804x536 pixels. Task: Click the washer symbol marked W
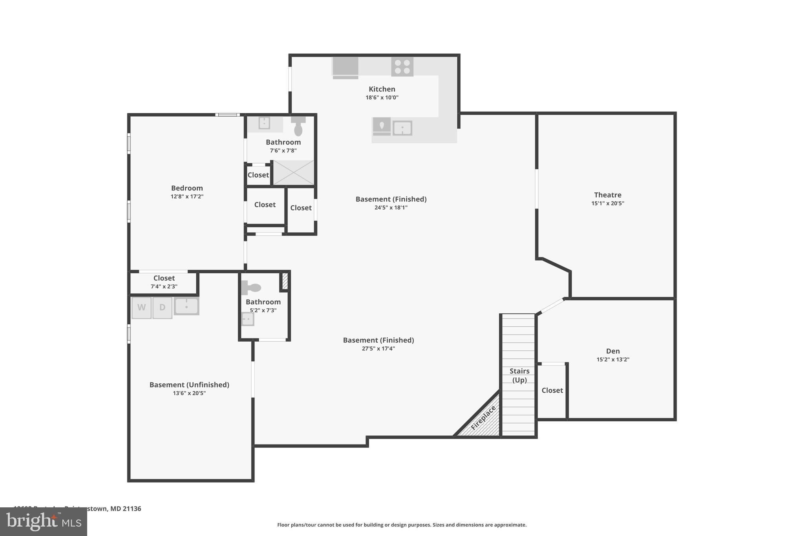(x=141, y=307)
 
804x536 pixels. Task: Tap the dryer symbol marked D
(x=162, y=307)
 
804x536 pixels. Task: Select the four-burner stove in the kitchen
(x=402, y=67)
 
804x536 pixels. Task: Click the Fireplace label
(x=483, y=417)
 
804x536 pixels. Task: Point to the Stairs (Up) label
(x=519, y=375)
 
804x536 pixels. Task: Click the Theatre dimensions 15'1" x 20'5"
(x=607, y=203)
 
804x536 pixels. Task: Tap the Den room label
(x=613, y=351)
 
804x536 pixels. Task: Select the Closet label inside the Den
(x=552, y=390)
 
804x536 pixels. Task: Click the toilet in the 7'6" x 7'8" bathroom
(x=298, y=126)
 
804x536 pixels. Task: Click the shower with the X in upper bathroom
(x=293, y=172)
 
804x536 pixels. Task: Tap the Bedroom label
(x=187, y=188)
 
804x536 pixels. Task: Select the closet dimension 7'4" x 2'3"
(x=164, y=287)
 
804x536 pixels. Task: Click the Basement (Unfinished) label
(x=189, y=385)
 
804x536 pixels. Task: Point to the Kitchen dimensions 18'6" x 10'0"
(x=382, y=98)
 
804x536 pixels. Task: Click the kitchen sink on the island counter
(x=402, y=128)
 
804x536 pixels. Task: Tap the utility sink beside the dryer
(x=186, y=306)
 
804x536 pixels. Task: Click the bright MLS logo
(x=43, y=521)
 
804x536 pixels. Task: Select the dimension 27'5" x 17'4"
(x=378, y=349)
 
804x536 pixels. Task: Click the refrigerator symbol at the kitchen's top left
(x=345, y=67)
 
